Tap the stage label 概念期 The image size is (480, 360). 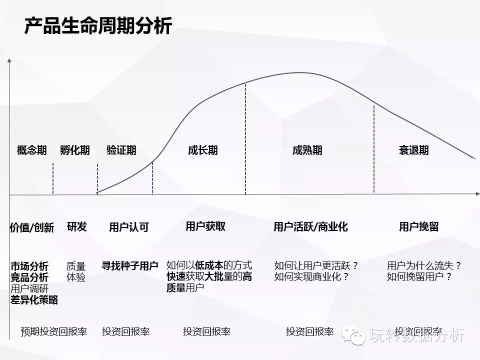pyautogui.click(x=32, y=150)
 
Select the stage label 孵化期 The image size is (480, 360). pyautogui.click(x=75, y=150)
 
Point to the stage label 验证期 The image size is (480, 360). pyautogui.click(x=121, y=150)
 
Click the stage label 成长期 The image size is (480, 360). pyautogui.click(x=203, y=150)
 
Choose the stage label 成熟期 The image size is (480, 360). pyautogui.click(x=307, y=150)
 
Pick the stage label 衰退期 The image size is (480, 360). pyautogui.click(x=413, y=150)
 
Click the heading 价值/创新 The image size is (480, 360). pyautogui.click(x=31, y=228)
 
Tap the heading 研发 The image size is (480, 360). pyautogui.click(x=76, y=226)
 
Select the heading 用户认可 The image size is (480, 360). pyautogui.click(x=128, y=227)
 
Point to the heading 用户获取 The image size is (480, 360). pyautogui.click(x=205, y=226)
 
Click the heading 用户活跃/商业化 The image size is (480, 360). pyautogui.click(x=310, y=227)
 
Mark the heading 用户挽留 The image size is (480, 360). pyautogui.click(x=418, y=227)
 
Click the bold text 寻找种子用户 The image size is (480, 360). pyautogui.click(x=129, y=266)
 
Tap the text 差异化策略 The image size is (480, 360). pyautogui.click(x=34, y=300)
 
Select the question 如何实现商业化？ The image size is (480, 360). pyautogui.click(x=311, y=277)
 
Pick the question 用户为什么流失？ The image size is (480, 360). pyautogui.click(x=424, y=265)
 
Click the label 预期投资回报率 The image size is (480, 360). pyautogui.click(x=53, y=331)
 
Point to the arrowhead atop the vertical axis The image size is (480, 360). pyautogui.click(x=9, y=61)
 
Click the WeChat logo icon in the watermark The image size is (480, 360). pyautogui.click(x=356, y=336)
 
